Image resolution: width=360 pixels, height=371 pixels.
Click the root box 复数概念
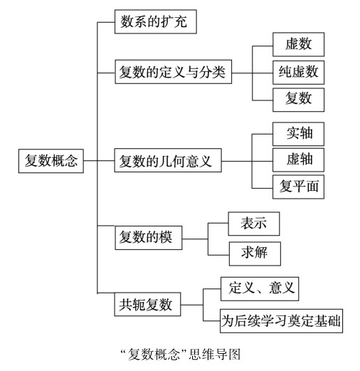tap(51, 161)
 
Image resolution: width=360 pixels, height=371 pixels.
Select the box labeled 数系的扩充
tap(156, 21)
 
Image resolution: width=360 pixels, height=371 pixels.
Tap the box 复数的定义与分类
tap(174, 72)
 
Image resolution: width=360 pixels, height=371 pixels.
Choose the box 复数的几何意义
tap(168, 160)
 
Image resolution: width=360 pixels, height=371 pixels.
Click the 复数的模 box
tap(149, 238)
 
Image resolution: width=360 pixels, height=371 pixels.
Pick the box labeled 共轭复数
tap(147, 304)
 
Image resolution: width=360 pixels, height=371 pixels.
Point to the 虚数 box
tap(298, 44)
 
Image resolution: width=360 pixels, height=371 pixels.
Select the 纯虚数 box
tap(298, 73)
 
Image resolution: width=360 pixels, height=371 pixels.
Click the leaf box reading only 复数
tap(298, 100)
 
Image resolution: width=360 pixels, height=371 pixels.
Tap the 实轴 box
tap(298, 134)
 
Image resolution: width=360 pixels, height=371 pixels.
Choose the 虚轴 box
tap(298, 160)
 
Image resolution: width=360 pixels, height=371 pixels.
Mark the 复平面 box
tap(298, 187)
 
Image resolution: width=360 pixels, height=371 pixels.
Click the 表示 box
tap(254, 224)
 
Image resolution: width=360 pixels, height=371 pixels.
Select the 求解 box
tap(255, 254)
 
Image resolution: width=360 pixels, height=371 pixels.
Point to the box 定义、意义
tap(260, 288)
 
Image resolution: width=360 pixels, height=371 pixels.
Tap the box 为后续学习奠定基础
tap(281, 321)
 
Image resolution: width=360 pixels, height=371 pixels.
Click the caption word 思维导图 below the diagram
tap(215, 355)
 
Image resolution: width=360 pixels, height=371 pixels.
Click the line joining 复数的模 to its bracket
tap(195, 239)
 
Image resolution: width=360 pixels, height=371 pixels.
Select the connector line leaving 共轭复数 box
tap(191, 305)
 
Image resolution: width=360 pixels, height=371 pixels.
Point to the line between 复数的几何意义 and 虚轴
tap(247, 161)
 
